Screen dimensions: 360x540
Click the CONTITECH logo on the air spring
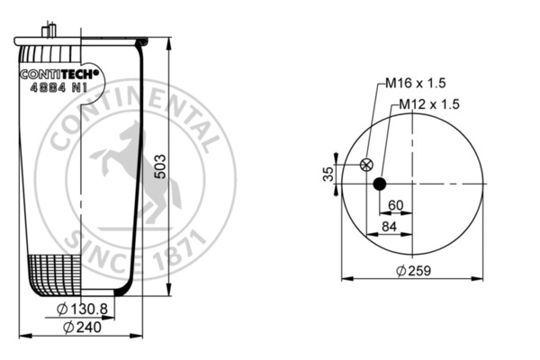[61, 76]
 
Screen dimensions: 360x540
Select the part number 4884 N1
[59, 89]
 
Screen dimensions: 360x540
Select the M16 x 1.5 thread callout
[416, 84]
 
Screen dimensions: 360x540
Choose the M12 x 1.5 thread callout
[429, 104]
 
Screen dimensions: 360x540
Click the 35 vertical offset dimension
[328, 173]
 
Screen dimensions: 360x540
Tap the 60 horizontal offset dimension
[395, 206]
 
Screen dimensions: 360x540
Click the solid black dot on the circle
[380, 184]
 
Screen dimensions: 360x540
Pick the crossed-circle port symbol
[365, 165]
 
